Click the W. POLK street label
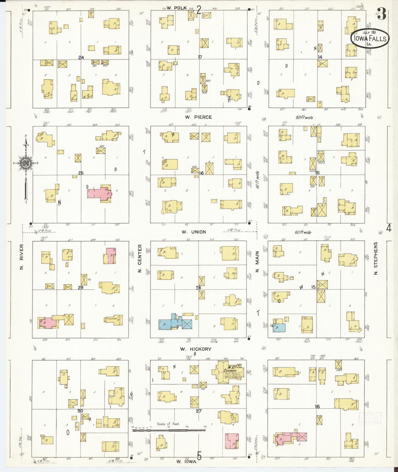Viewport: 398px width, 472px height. [173, 8]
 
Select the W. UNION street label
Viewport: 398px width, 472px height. [194, 232]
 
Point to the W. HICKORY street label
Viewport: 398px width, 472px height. [196, 349]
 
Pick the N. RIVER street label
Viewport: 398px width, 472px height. [21, 256]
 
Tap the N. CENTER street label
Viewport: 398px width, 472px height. [140, 258]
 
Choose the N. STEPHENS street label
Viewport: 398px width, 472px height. [376, 258]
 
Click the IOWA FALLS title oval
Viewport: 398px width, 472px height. [370, 39]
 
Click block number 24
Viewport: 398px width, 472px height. [81, 58]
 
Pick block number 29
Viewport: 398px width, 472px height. [80, 287]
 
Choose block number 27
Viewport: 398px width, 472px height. [199, 411]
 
